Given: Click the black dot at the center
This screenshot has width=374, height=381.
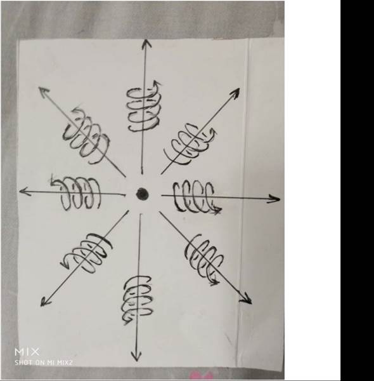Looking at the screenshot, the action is [142, 194].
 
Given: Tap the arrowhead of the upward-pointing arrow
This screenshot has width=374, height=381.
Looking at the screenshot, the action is [146, 43].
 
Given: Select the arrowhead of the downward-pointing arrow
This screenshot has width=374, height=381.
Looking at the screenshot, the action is [136, 357].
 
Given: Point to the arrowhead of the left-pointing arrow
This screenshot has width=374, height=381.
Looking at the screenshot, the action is [25, 191].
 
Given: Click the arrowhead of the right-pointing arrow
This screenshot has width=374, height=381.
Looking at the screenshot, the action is [274, 199].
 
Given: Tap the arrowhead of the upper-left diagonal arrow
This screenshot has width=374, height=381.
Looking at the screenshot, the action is [44, 92].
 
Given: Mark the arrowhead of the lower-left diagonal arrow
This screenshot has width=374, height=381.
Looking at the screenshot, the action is [45, 301].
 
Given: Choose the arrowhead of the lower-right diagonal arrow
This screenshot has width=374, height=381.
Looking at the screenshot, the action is [246, 298].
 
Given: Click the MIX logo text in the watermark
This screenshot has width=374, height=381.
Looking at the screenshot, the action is [27, 352].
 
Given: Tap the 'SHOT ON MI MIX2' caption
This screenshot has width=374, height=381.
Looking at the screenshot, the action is [44, 363].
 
